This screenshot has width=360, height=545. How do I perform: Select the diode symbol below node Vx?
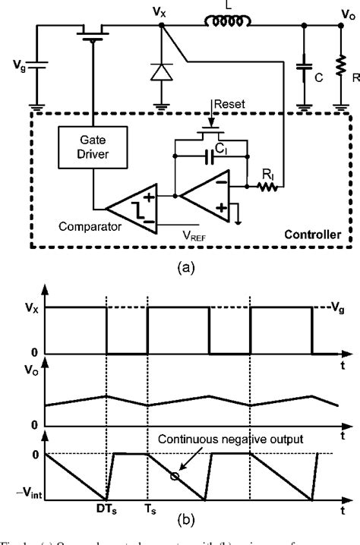[x=161, y=71]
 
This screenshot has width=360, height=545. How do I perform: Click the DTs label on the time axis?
[x=106, y=509]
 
